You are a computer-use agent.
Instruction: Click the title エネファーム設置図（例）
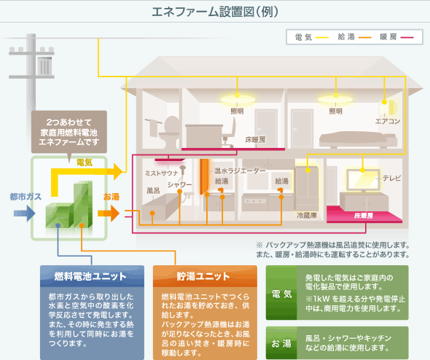click(x=215, y=12)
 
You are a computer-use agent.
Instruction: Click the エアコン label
click(x=387, y=122)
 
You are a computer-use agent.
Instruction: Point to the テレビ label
click(x=391, y=179)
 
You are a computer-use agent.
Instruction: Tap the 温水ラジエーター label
click(x=240, y=170)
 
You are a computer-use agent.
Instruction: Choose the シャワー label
click(x=179, y=185)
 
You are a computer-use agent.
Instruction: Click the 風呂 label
click(x=152, y=191)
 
